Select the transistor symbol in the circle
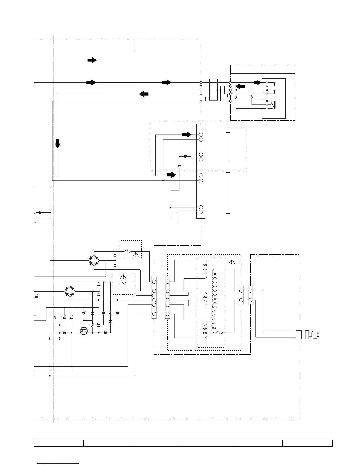pos(84,331)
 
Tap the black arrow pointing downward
pos(58,143)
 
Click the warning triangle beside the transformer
pos(232,261)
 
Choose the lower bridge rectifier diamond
pos(70,291)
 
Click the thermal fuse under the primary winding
pos(219,333)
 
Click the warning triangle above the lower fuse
pos(123,277)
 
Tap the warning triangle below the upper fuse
pos(136,255)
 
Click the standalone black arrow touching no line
pos(92,60)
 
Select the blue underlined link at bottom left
pos(59,463)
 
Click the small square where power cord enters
pos(299,334)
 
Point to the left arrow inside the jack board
pos(241,86)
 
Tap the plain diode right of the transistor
pos(106,333)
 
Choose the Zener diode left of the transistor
pos(65,333)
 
